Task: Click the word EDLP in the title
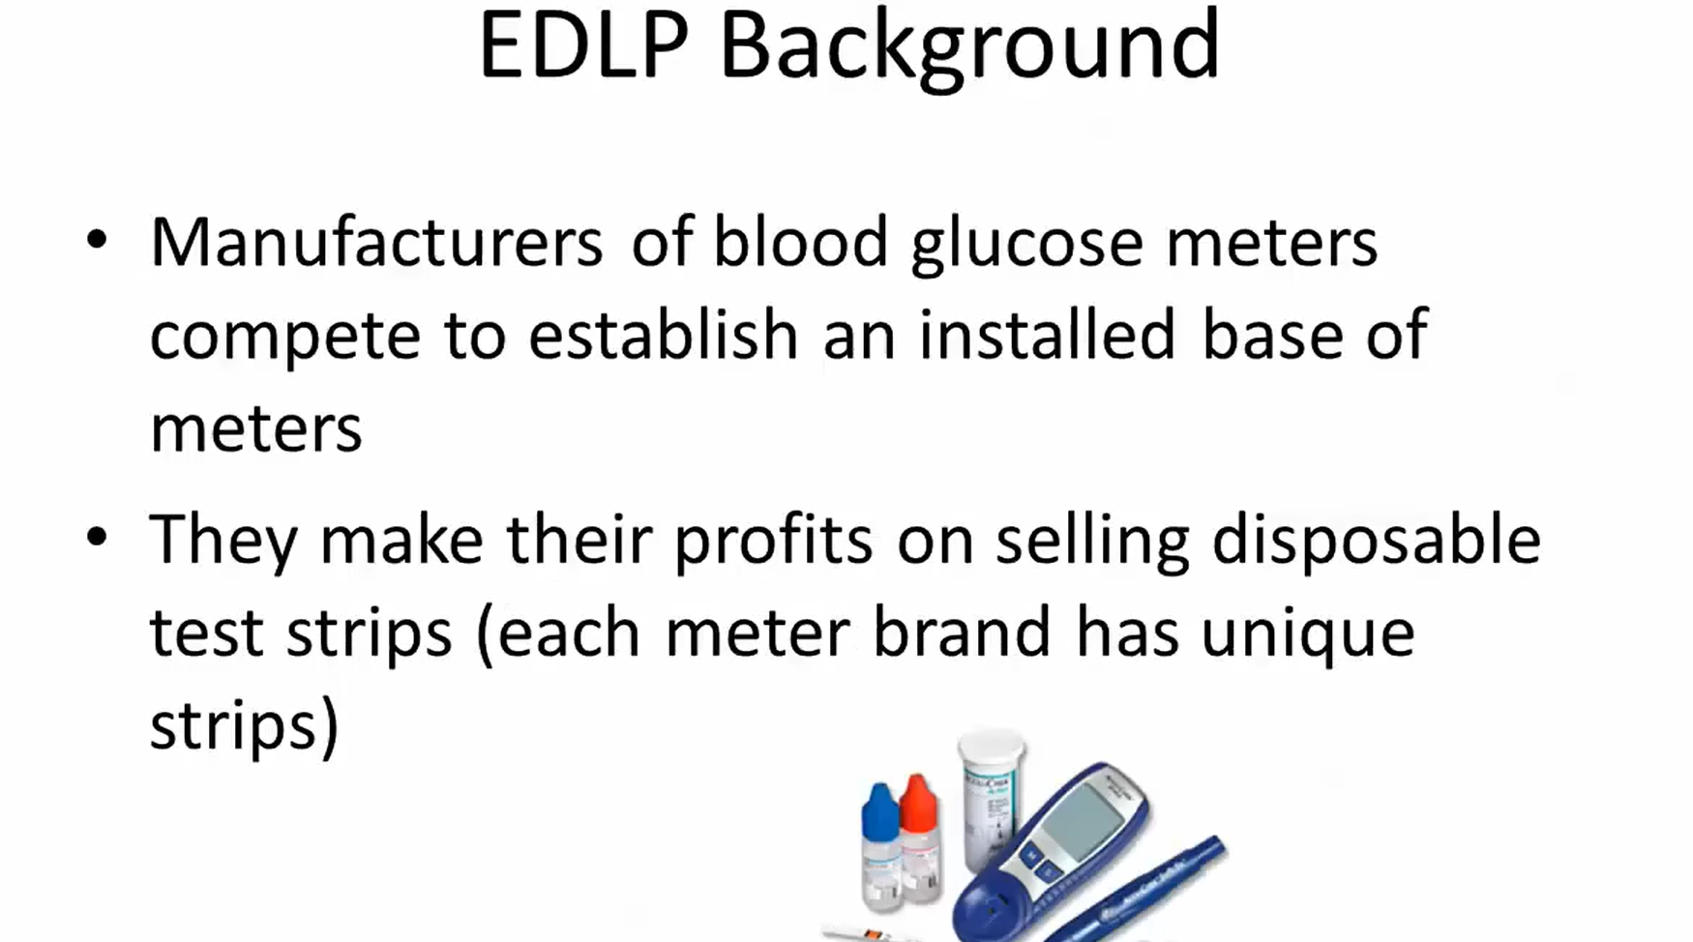pos(583,45)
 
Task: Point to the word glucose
pos(1027,245)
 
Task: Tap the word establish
pos(664,334)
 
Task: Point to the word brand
pos(962,633)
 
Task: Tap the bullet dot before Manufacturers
pos(97,239)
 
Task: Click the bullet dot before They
pos(97,537)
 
